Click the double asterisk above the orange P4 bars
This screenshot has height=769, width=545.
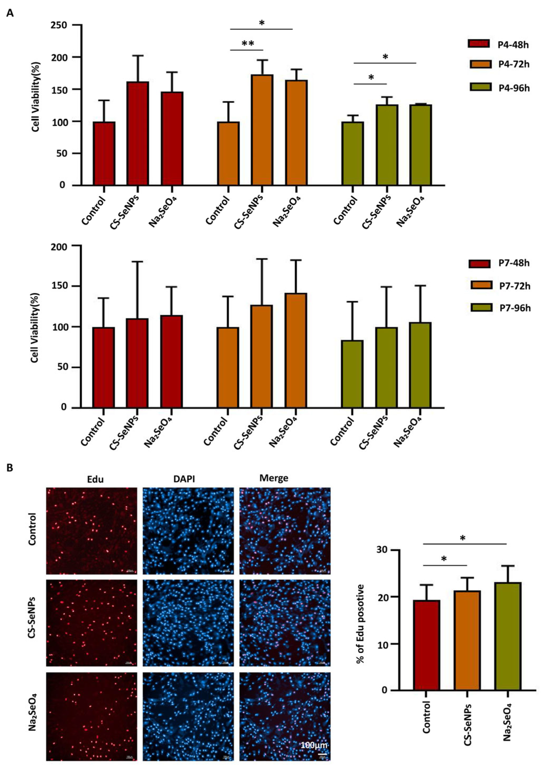point(248,44)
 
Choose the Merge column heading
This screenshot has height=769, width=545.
point(274,478)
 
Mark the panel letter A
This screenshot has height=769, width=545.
point(10,14)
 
